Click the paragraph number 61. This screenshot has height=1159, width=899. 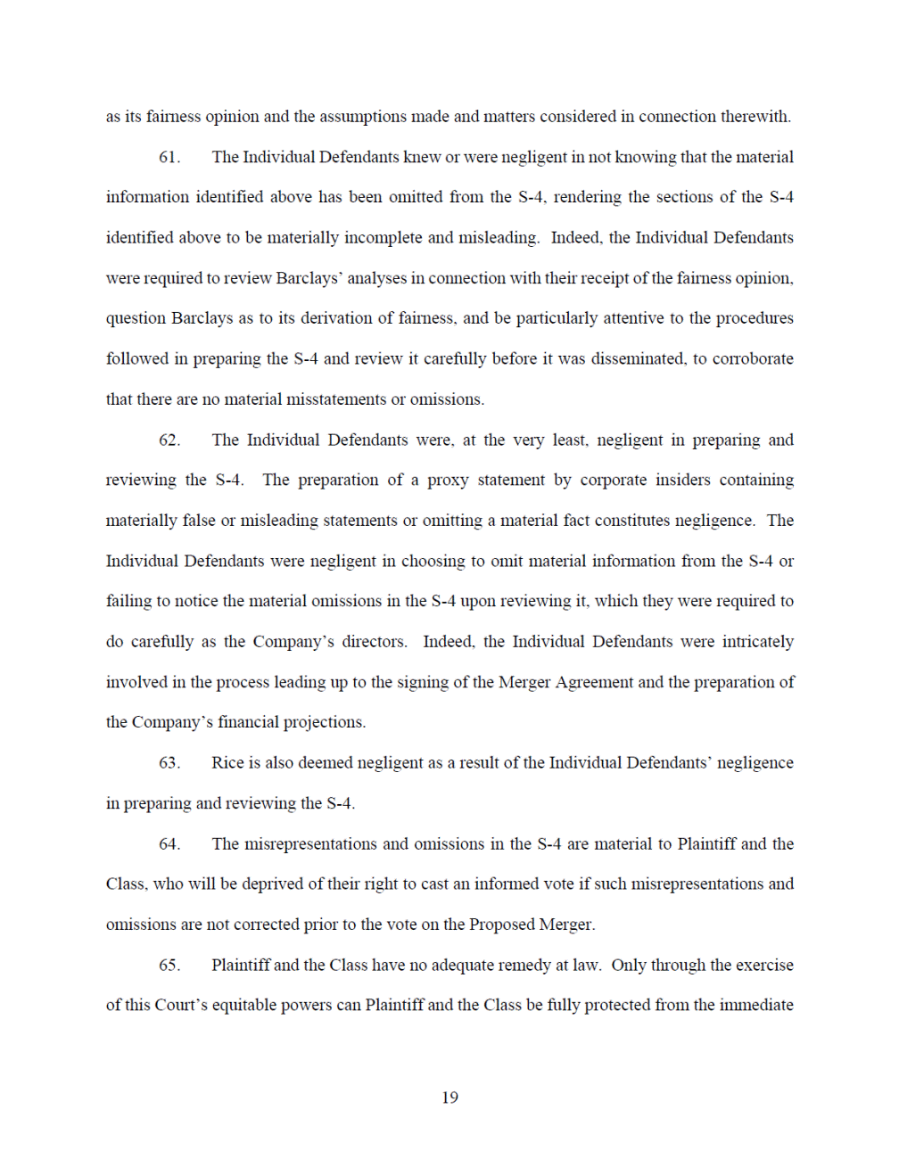169,158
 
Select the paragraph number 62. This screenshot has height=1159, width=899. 169,440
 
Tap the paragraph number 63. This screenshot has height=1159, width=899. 169,763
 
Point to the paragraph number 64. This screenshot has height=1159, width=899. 169,844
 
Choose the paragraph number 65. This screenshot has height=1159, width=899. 169,966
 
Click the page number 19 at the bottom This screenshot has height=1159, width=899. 449,1098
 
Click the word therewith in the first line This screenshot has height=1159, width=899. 755,117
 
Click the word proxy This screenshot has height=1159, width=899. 448,481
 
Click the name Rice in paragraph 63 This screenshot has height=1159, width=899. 227,763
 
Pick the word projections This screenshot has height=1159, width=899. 323,723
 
